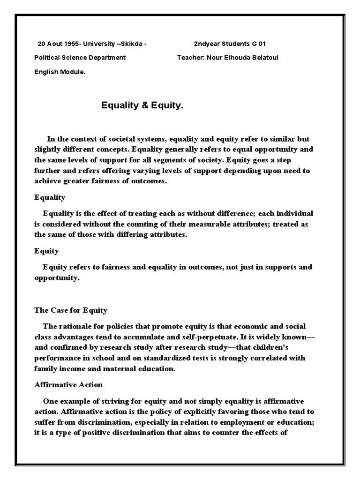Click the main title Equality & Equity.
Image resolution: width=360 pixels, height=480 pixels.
tap(142, 106)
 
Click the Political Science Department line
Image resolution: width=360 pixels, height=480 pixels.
tap(80, 58)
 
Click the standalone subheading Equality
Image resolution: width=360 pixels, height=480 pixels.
tap(50, 197)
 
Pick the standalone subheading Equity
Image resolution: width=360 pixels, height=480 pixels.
tap(46, 251)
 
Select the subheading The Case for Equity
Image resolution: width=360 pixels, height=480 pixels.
tap(71, 310)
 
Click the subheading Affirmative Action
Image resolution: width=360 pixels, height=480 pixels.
tap(68, 385)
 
